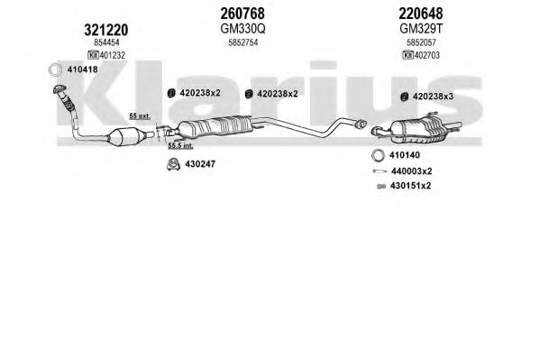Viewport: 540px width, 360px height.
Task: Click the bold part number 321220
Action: tap(106, 31)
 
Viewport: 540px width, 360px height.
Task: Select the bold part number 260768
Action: tap(243, 14)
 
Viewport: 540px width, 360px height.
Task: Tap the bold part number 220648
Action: tap(421, 14)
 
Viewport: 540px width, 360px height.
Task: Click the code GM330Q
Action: tap(243, 29)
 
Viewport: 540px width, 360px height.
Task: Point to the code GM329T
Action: tap(421, 29)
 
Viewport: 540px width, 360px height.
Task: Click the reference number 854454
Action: tap(106, 42)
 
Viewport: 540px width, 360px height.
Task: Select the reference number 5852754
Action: tap(243, 42)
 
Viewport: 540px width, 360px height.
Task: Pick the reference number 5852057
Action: tap(421, 42)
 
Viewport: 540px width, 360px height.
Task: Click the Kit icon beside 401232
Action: tap(93, 55)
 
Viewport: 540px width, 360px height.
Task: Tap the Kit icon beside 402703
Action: tap(407, 55)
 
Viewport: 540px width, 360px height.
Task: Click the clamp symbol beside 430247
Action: tap(173, 164)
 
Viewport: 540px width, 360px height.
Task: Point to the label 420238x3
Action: tap(433, 97)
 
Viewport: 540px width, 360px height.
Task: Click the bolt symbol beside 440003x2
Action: tap(380, 171)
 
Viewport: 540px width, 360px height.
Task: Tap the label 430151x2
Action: tap(410, 186)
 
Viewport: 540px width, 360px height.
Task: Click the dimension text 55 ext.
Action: tap(140, 115)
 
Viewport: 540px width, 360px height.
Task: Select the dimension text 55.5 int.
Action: tap(180, 146)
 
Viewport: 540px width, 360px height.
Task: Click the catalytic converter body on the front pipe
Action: tap(127, 136)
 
